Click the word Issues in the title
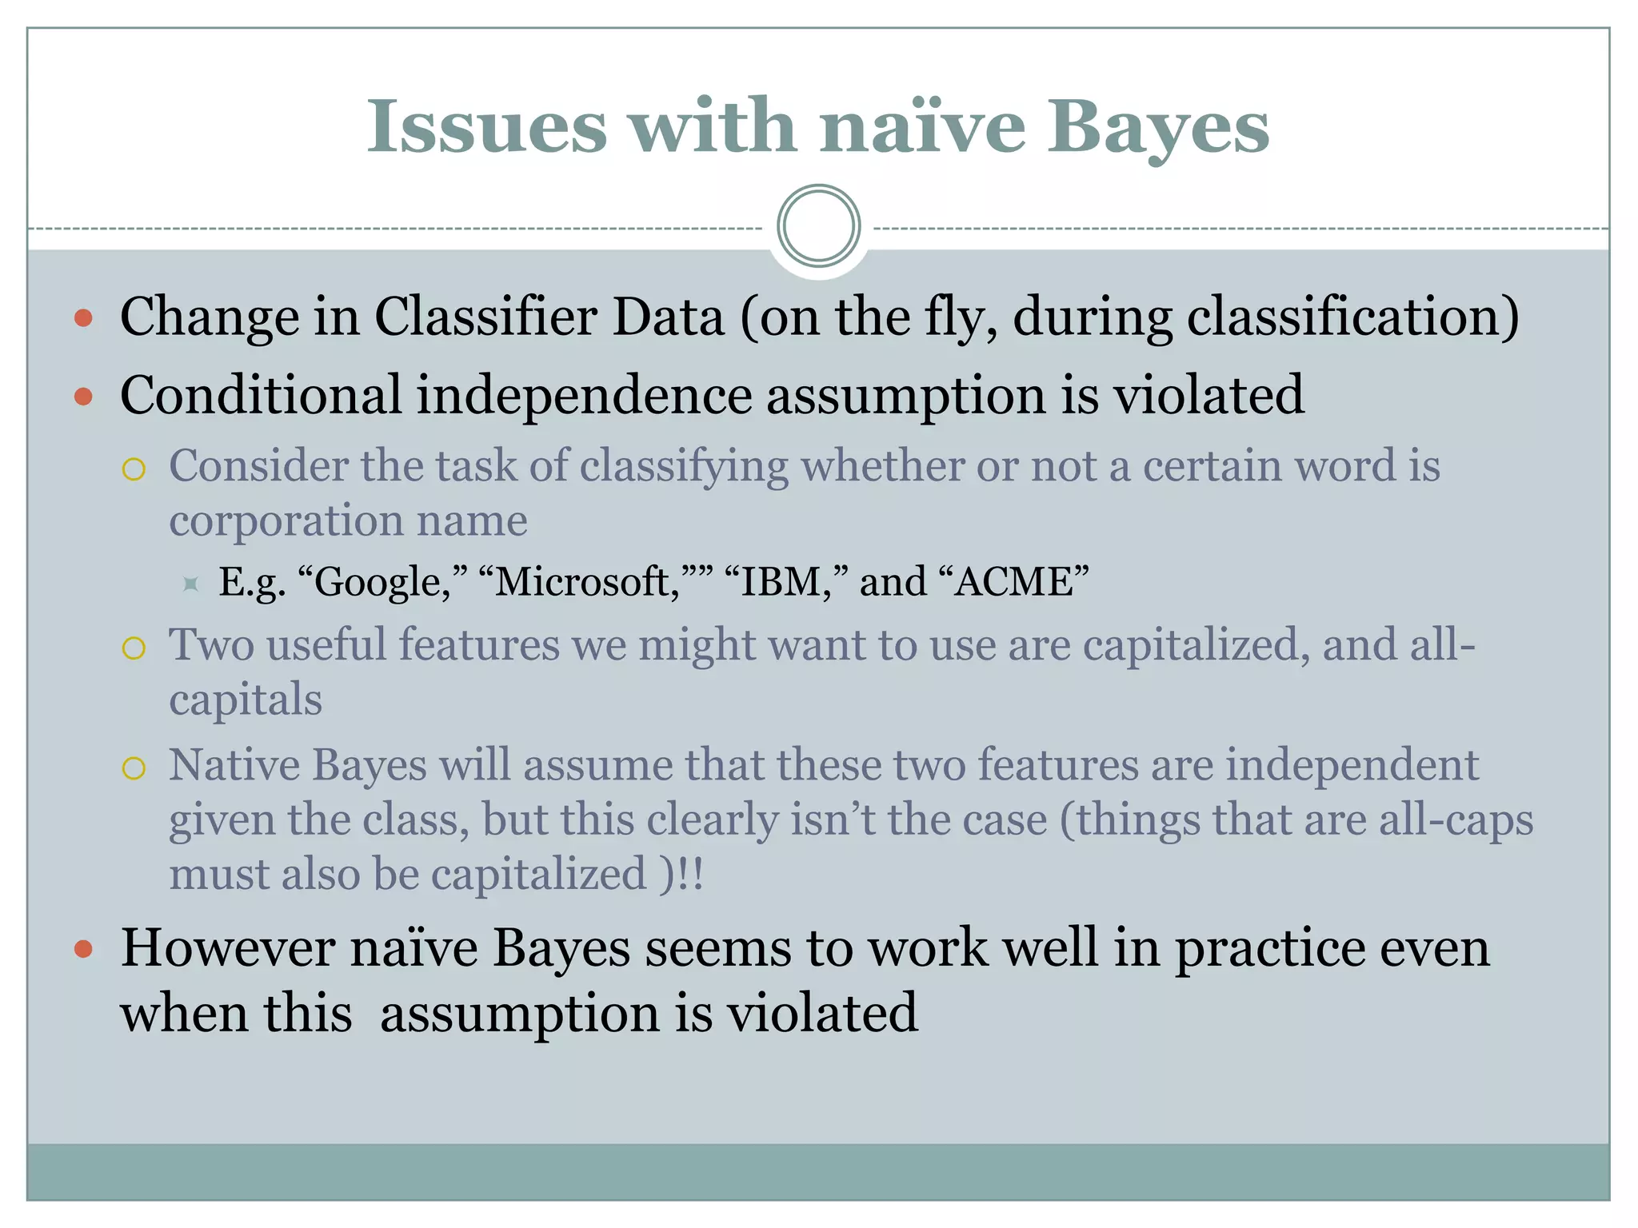pos(486,126)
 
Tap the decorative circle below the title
pos(818,226)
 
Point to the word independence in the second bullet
pos(584,395)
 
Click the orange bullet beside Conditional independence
pos(83,396)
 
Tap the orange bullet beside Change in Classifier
pos(83,318)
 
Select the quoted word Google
pos(382,582)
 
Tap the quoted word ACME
pos(1013,581)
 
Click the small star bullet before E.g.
pos(190,584)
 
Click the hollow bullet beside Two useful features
pos(134,648)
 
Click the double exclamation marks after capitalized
pos(690,874)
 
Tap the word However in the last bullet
pos(227,949)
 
